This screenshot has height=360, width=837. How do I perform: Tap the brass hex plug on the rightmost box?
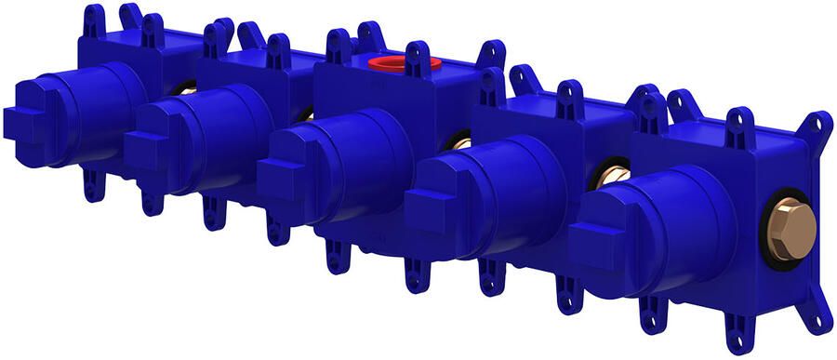tap(793, 228)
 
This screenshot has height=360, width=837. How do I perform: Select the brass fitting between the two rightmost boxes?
tap(611, 177)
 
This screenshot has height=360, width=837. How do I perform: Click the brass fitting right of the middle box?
tap(459, 143)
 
